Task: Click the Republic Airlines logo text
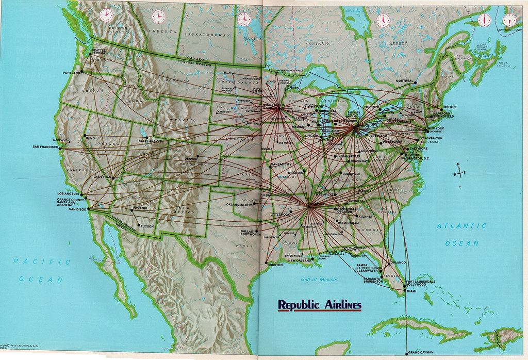320,305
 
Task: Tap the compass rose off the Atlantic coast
458,173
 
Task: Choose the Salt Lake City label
151,141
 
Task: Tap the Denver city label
190,159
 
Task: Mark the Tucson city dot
138,226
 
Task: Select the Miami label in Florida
411,291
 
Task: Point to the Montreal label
405,81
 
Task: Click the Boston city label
449,107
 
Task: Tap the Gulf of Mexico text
318,280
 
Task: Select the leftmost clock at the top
106,15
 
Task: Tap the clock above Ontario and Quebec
383,20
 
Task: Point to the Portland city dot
81,72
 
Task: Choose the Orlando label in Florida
399,262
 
